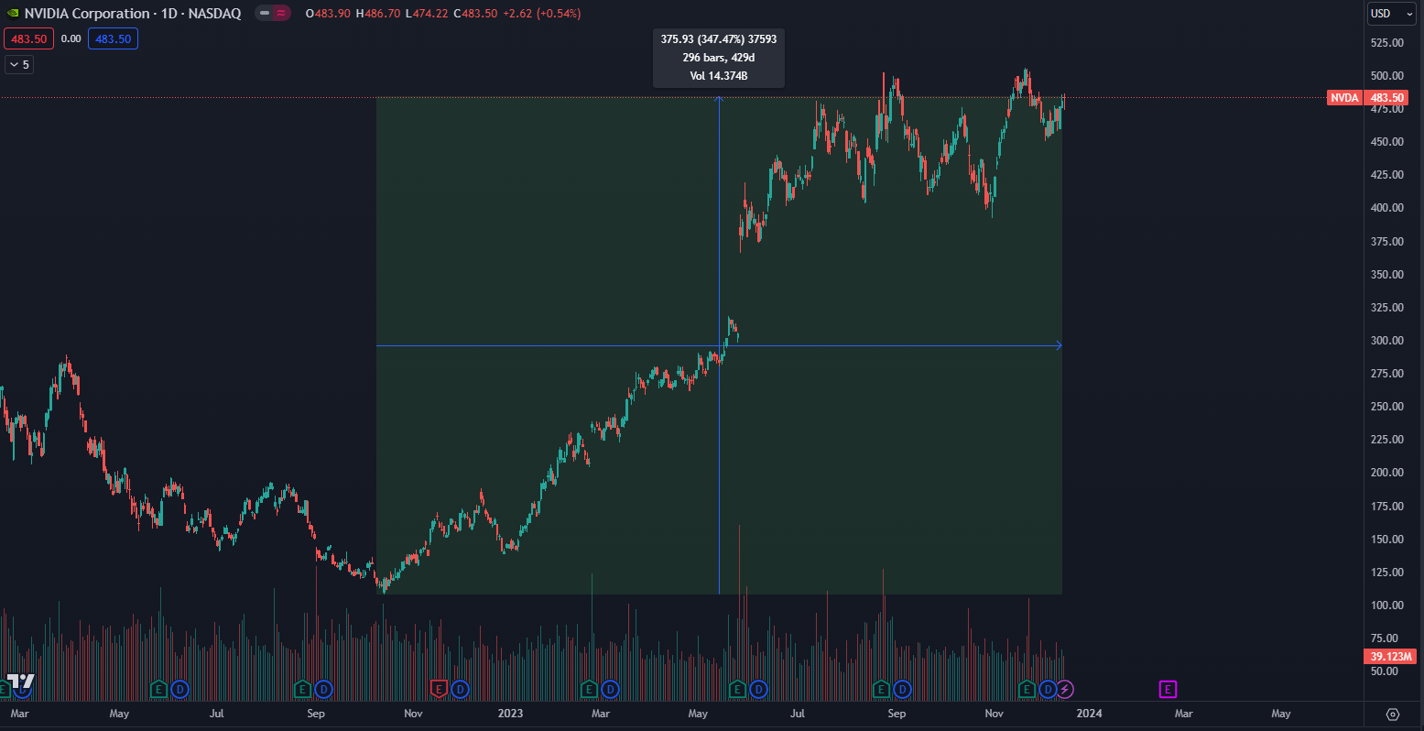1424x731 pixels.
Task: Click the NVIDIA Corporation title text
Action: [87, 14]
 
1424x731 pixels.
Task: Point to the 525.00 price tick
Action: [1387, 43]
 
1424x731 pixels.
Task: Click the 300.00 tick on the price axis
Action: [1387, 341]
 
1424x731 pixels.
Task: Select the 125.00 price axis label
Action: [1387, 573]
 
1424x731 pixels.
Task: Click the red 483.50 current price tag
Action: [1386, 98]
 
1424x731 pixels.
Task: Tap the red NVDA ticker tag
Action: [1344, 98]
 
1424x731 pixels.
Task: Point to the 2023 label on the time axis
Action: [510, 714]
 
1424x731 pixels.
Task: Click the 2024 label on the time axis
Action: [1089, 714]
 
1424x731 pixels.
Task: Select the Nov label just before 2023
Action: [413, 714]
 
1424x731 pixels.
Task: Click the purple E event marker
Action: [1168, 689]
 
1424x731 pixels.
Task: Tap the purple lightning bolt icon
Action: [1065, 689]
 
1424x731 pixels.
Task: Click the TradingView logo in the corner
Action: [20, 682]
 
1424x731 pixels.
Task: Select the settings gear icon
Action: [1393, 715]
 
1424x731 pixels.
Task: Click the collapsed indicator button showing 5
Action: [18, 64]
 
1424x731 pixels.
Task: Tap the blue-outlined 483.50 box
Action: [113, 38]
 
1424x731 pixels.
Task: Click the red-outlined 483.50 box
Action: [28, 38]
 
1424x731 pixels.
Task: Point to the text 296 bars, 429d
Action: [718, 58]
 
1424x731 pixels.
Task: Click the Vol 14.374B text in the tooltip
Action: [718, 76]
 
